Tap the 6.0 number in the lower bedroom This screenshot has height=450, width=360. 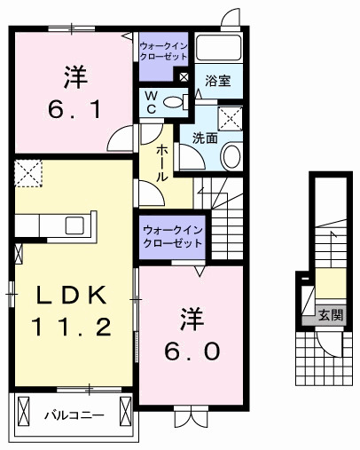[189, 350]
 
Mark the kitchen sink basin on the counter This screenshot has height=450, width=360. [74, 225]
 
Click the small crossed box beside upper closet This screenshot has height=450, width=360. [184, 77]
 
